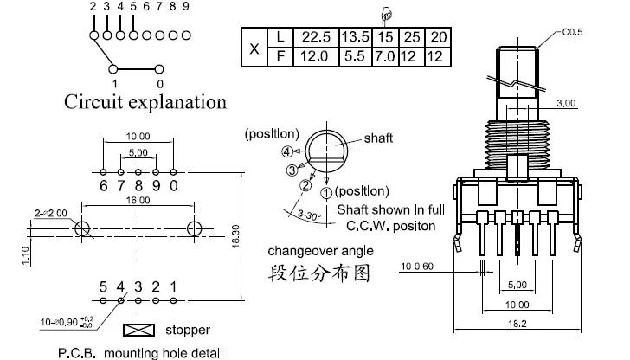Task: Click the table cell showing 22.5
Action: click(316, 37)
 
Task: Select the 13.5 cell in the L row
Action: click(356, 37)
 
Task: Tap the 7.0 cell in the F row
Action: click(384, 56)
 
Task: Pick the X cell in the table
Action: click(254, 48)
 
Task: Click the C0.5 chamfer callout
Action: click(572, 32)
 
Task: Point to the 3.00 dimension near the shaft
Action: click(566, 103)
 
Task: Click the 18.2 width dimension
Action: click(517, 324)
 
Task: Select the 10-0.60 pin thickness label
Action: click(417, 267)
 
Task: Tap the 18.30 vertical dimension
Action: click(236, 236)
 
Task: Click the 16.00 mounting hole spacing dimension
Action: click(138, 200)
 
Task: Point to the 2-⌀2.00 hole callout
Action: click(50, 214)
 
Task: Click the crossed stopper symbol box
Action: click(138, 331)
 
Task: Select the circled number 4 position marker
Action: click(287, 152)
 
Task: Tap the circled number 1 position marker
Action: click(326, 193)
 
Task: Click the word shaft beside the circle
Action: click(378, 138)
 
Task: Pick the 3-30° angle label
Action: click(309, 215)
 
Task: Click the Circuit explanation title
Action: click(145, 102)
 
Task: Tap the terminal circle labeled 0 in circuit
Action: click(159, 69)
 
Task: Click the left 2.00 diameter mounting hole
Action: click(82, 229)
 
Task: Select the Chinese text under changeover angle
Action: click(318, 273)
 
